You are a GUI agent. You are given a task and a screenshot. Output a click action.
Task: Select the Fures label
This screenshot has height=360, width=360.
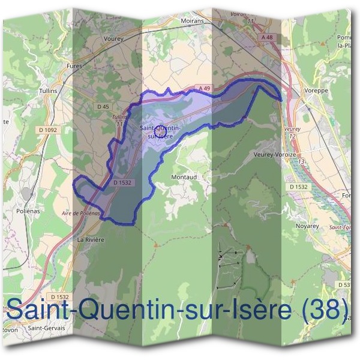74,66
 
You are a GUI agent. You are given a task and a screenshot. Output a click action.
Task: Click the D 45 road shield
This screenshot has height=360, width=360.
103,106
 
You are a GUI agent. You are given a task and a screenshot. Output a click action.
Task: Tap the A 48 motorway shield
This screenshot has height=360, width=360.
267,37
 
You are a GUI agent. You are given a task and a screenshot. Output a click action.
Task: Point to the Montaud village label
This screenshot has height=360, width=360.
184,178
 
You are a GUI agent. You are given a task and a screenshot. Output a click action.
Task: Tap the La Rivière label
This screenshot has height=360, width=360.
91,239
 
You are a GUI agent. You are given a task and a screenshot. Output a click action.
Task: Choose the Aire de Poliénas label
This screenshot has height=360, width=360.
80,214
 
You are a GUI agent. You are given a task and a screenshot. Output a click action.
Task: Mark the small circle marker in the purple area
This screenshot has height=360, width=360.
159,128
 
